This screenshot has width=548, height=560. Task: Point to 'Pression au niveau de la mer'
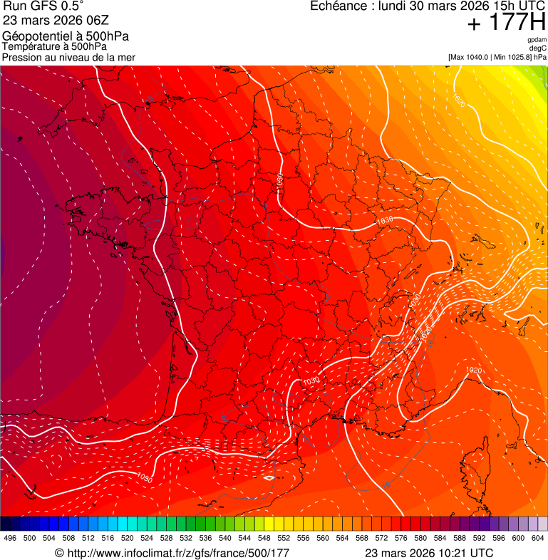pyautogui.click(x=68, y=57)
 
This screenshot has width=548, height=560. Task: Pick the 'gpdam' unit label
pyautogui.click(x=537, y=40)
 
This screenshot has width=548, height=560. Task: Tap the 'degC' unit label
pyautogui.click(x=538, y=48)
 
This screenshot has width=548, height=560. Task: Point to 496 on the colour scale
pyautogui.click(x=10, y=539)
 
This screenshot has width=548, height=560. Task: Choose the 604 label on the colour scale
pyautogui.click(x=537, y=539)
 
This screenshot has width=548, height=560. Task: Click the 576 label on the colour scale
pyautogui.click(x=400, y=539)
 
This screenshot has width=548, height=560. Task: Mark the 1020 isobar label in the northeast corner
pyautogui.click(x=459, y=100)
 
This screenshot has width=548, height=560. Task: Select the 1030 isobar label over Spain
pyautogui.click(x=145, y=477)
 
